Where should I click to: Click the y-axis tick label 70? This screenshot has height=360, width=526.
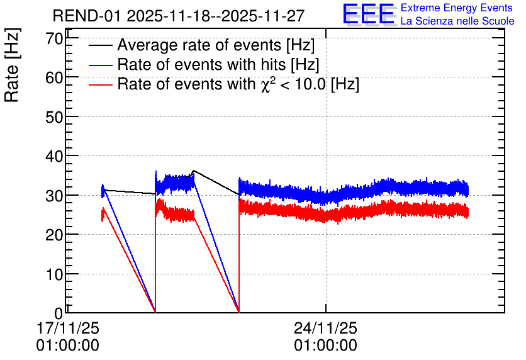(54, 38)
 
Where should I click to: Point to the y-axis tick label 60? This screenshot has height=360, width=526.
(54, 78)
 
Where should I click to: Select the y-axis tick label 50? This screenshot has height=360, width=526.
(54, 117)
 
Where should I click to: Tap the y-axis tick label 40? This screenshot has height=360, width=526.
(54, 156)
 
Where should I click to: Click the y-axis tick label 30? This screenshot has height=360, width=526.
(54, 196)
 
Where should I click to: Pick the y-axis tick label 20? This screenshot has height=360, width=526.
(54, 235)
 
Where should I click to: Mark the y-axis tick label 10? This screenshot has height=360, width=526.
(54, 274)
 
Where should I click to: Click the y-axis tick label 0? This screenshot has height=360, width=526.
(59, 313)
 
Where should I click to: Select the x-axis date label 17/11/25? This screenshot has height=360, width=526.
(68, 328)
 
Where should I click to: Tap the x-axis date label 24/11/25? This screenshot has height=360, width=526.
(326, 328)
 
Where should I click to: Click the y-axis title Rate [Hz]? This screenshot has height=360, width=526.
(12, 65)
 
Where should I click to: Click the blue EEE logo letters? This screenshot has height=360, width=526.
(369, 14)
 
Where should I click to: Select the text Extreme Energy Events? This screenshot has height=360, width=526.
(457, 8)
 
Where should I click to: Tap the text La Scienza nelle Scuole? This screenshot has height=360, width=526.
(457, 21)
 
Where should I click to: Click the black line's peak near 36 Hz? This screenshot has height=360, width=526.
(194, 171)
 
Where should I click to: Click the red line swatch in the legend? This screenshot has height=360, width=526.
(101, 85)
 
